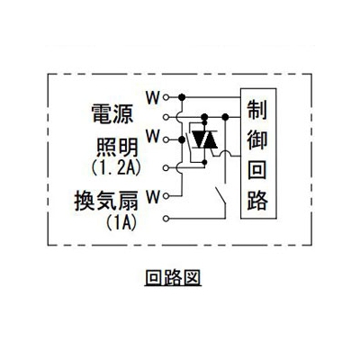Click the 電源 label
112,114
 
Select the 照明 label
117,148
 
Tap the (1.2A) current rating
116,167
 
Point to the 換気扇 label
106,201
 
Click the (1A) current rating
121,221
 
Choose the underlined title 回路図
173,277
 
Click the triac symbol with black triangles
204,139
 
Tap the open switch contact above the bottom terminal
220,196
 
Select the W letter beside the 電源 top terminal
153,97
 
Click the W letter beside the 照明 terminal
153,136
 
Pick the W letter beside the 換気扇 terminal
153,197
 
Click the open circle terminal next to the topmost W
166,97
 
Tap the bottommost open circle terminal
166,219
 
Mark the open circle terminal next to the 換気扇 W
166,196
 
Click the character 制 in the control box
257,109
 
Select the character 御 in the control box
257,139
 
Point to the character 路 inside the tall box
257,200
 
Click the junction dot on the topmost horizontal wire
182,97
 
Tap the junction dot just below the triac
204,163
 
